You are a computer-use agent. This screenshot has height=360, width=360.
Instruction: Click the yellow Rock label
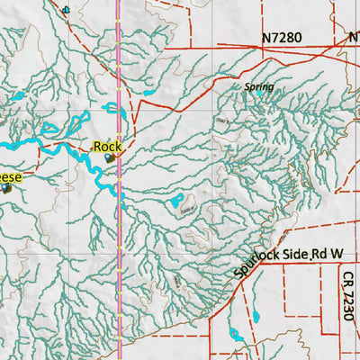click(107, 146)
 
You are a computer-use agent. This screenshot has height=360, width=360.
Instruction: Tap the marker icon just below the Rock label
click(110, 157)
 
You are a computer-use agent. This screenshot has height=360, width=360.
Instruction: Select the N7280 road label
click(282, 39)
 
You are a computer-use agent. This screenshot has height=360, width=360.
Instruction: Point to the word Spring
click(258, 87)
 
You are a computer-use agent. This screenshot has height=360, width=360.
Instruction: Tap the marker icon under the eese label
click(7, 188)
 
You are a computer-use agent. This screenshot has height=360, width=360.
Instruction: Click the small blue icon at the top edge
click(65, 11)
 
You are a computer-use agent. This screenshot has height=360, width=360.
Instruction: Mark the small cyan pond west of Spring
click(148, 93)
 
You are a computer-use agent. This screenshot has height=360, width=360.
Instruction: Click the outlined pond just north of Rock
click(115, 110)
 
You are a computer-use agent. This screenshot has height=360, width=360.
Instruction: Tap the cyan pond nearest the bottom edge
click(235, 334)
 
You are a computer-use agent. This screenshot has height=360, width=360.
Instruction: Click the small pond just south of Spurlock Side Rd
click(254, 316)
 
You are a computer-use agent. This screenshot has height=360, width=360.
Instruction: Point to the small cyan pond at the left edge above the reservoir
click(18, 95)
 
